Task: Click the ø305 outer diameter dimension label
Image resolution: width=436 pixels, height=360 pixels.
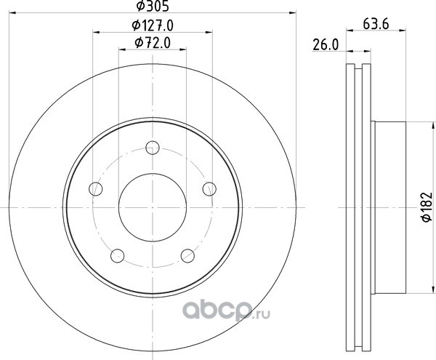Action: (153, 6)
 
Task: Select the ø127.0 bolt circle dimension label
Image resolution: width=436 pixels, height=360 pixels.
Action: (153, 25)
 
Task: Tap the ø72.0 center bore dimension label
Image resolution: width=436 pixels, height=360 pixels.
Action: (153, 43)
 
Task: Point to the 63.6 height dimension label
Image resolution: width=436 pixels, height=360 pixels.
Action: (376, 24)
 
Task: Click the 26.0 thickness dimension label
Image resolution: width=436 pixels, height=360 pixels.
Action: (326, 45)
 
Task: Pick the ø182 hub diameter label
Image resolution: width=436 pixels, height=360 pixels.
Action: (427, 207)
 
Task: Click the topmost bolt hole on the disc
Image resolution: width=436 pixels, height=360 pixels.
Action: (153, 148)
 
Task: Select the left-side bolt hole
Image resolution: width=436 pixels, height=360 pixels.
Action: (96, 189)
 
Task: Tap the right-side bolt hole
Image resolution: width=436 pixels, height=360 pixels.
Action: (209, 189)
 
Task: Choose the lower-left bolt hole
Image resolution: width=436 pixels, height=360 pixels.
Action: (117, 256)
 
